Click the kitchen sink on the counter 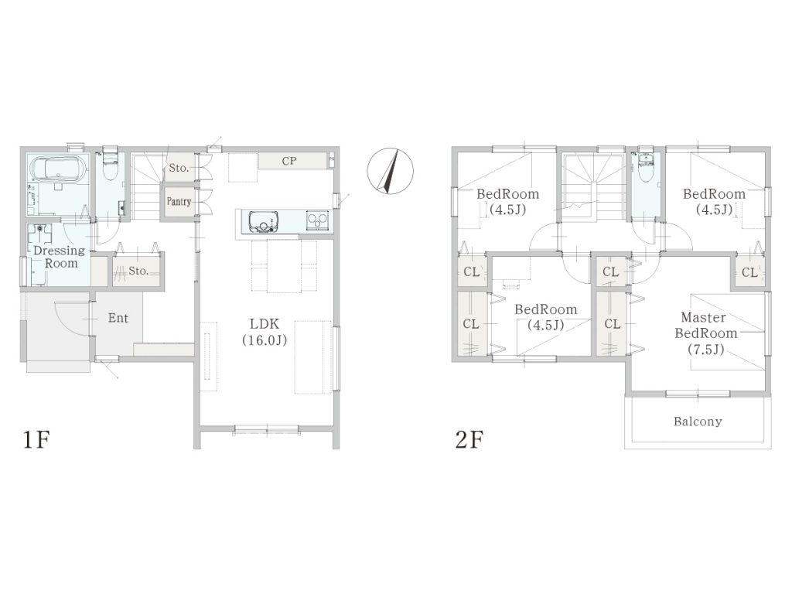pyautogui.click(x=263, y=222)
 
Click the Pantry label pyautogui.click(x=179, y=201)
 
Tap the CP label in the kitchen pyautogui.click(x=289, y=161)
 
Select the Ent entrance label pyautogui.click(x=118, y=318)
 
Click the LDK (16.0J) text pyautogui.click(x=265, y=332)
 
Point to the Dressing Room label pyautogui.click(x=60, y=257)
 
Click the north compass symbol pyautogui.click(x=390, y=171)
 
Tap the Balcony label pyautogui.click(x=698, y=422)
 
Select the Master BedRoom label pyautogui.click(x=705, y=333)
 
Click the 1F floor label pyautogui.click(x=36, y=439)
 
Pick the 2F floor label pyautogui.click(x=469, y=439)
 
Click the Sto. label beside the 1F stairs pyautogui.click(x=179, y=168)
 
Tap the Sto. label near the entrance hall pyautogui.click(x=138, y=271)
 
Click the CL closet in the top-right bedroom pyautogui.click(x=749, y=272)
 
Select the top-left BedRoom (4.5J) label pyautogui.click(x=507, y=201)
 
